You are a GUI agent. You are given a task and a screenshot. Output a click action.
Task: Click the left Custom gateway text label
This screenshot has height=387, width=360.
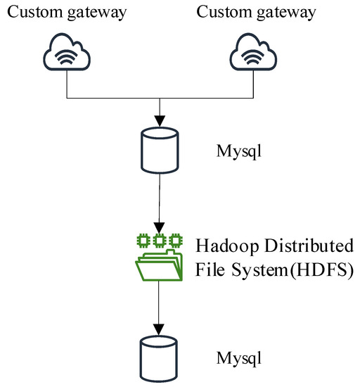pyautogui.click(x=66, y=13)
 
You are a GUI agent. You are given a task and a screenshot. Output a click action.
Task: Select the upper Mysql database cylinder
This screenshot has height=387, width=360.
pyautogui.click(x=161, y=148)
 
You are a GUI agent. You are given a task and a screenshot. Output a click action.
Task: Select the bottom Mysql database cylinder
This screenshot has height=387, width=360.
pyautogui.click(x=161, y=357)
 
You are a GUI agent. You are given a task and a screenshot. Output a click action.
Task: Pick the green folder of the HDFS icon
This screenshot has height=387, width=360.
pyautogui.click(x=160, y=265)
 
